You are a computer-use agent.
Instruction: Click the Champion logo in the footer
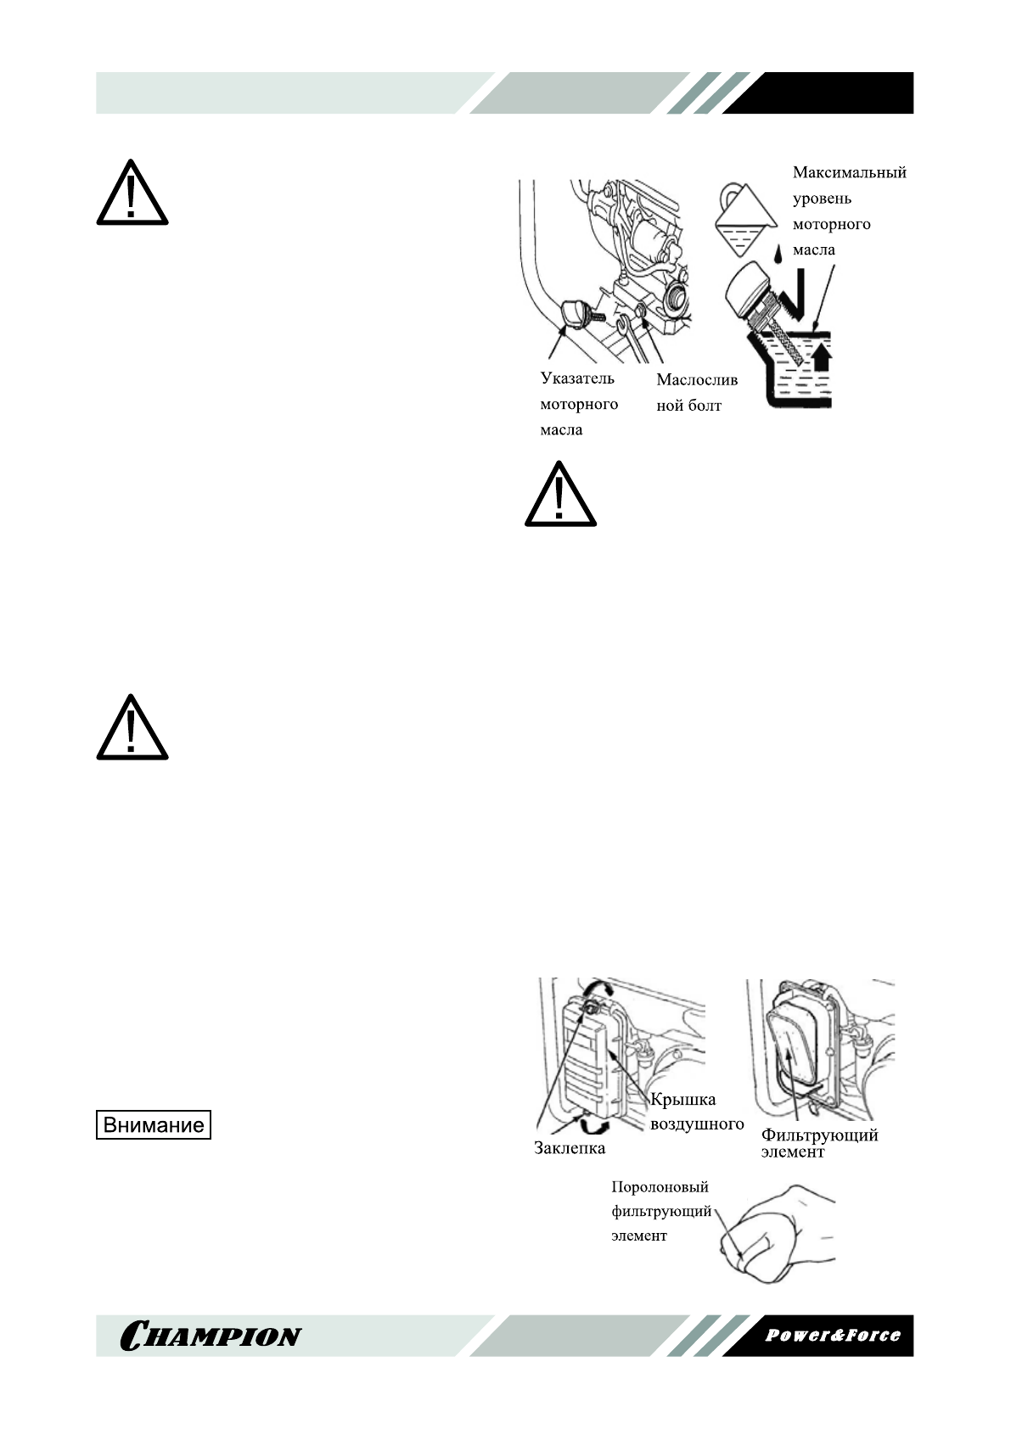pos(211,1336)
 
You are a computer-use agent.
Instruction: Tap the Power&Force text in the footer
pos(832,1335)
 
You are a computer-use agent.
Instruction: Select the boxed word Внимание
pos(153,1125)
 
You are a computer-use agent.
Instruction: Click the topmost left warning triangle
pos(132,194)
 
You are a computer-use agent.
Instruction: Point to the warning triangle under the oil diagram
pos(560,496)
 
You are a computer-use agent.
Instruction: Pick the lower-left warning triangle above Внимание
pos(132,730)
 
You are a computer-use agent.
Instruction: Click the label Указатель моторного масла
pos(578,404)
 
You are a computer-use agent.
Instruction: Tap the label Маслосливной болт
pos(696,393)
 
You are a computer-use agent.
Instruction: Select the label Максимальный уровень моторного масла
pos(848,210)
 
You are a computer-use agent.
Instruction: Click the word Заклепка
pos(570,1148)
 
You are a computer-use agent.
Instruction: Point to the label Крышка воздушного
pos(696,1112)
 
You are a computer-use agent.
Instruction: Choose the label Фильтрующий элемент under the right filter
pos(818,1142)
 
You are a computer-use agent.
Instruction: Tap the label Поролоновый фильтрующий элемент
pos(660,1211)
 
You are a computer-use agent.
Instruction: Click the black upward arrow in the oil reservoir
pos(821,356)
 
